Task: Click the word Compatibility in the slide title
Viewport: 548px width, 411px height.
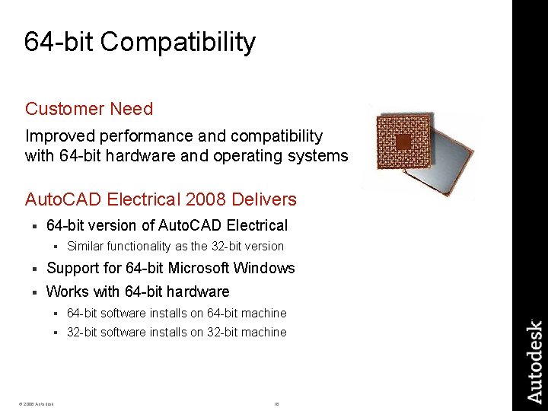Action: [x=178, y=42]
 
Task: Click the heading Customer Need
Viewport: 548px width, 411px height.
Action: [x=89, y=109]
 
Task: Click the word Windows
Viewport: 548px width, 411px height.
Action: [x=266, y=268]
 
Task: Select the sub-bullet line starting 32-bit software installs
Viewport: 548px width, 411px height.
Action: [x=177, y=332]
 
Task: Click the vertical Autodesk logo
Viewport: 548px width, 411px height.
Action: [x=535, y=362]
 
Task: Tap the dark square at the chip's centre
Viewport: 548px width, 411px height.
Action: [x=403, y=142]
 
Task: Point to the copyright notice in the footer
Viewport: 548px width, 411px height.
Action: [x=34, y=403]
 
